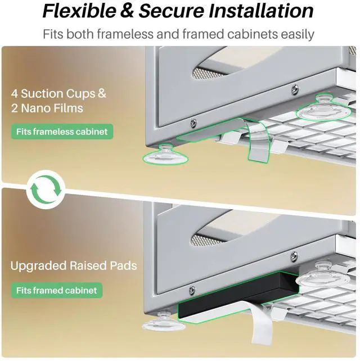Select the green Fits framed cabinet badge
click(x=56, y=291)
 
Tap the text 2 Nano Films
click(x=47, y=108)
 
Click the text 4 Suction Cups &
click(x=58, y=93)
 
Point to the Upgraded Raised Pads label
click(x=73, y=265)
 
